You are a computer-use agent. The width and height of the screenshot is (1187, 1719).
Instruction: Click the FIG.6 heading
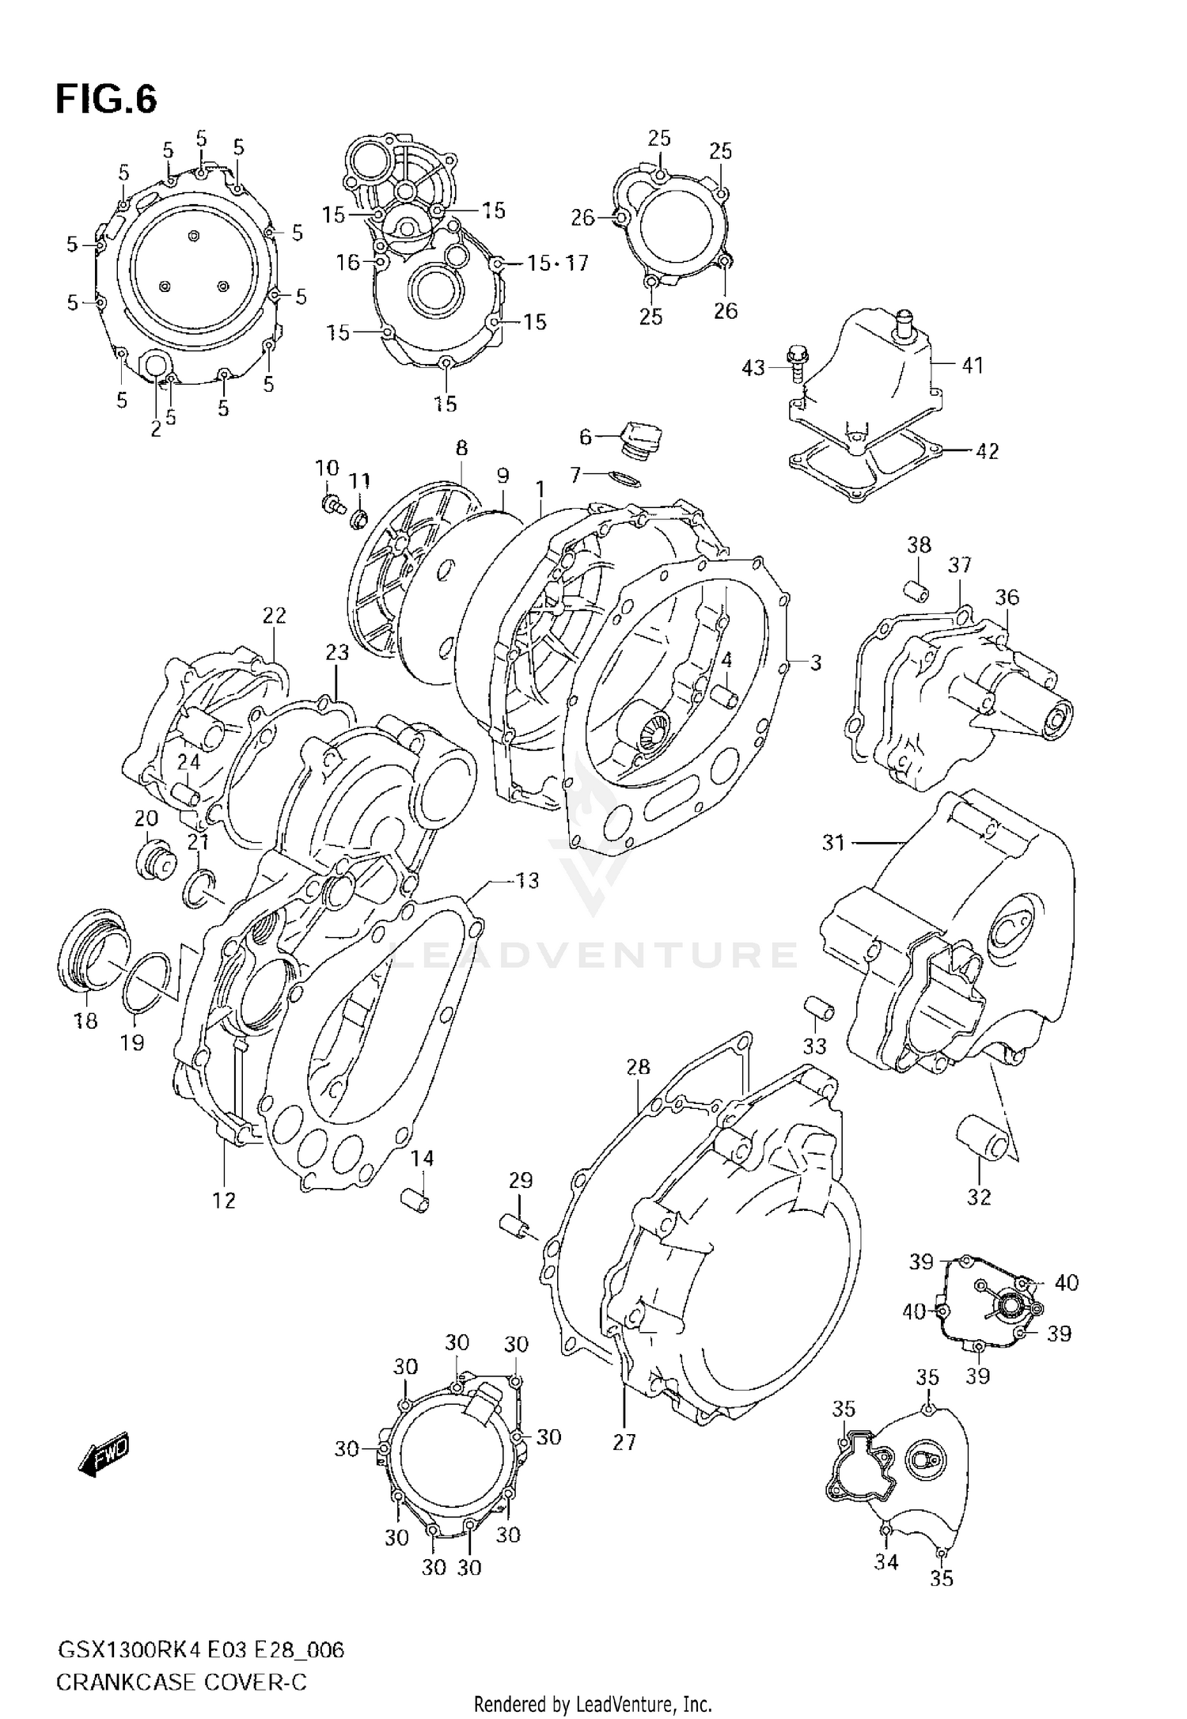coord(106,101)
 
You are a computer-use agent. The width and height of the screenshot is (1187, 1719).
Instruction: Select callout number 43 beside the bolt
coord(753,367)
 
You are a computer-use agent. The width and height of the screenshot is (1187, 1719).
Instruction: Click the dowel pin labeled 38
coord(917,590)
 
